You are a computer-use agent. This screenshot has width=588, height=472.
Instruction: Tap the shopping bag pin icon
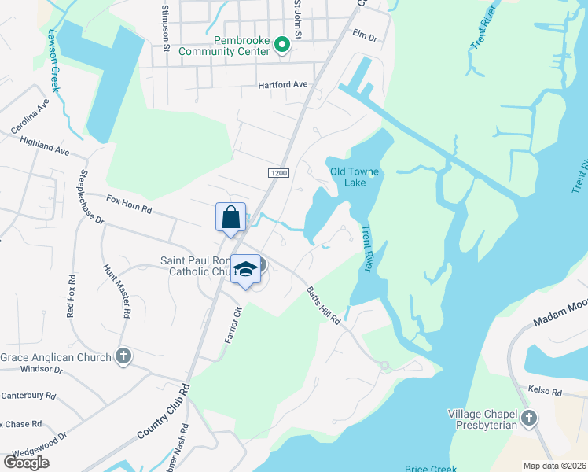231,216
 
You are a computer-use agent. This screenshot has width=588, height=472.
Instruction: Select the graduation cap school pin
246,269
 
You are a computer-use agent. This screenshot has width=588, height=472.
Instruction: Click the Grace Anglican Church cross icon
123,356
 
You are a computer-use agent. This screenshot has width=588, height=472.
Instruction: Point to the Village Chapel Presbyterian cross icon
529,417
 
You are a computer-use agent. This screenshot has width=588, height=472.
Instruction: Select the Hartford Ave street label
284,84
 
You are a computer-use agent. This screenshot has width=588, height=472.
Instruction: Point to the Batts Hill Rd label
323,305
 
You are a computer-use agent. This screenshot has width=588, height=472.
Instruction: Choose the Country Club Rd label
164,413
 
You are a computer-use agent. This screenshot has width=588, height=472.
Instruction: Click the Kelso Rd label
545,392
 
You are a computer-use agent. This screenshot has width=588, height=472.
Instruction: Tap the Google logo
26,462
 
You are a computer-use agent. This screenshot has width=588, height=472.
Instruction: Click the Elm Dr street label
366,36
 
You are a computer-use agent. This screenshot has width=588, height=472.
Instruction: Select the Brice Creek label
430,468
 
